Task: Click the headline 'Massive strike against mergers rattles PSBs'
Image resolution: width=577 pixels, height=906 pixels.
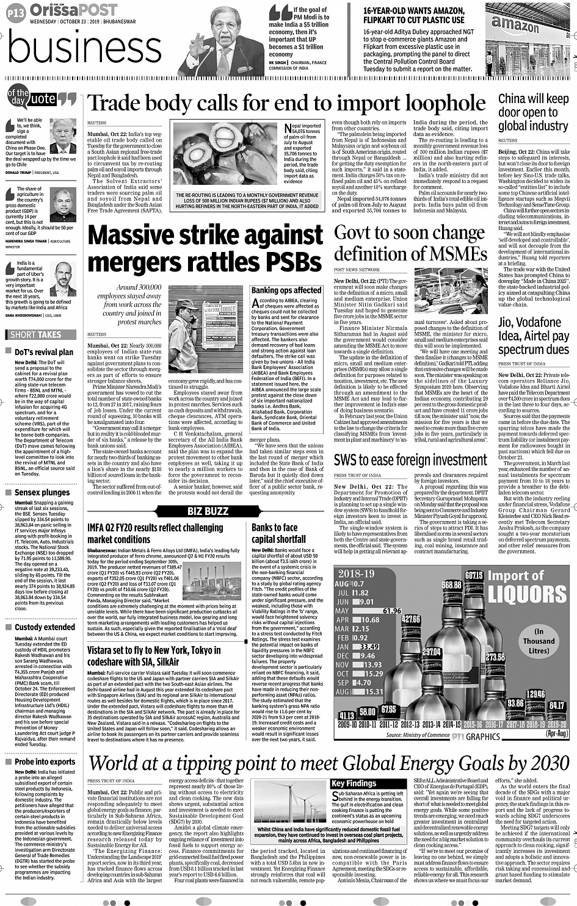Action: coord(205,248)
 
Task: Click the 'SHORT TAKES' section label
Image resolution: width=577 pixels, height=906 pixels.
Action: coord(36,334)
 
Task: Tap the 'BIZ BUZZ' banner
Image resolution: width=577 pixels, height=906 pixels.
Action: coord(208,511)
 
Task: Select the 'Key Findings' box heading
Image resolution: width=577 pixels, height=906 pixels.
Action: coord(354,783)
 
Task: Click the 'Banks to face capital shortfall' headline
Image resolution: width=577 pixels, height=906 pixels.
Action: coord(278,533)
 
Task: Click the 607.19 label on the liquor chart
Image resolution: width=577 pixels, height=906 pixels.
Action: coord(474,575)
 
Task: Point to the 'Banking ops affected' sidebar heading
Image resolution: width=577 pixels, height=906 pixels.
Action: coord(286,290)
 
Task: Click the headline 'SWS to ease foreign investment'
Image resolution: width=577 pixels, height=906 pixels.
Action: coord(410,459)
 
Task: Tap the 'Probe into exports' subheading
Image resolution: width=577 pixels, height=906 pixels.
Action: coord(45,761)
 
